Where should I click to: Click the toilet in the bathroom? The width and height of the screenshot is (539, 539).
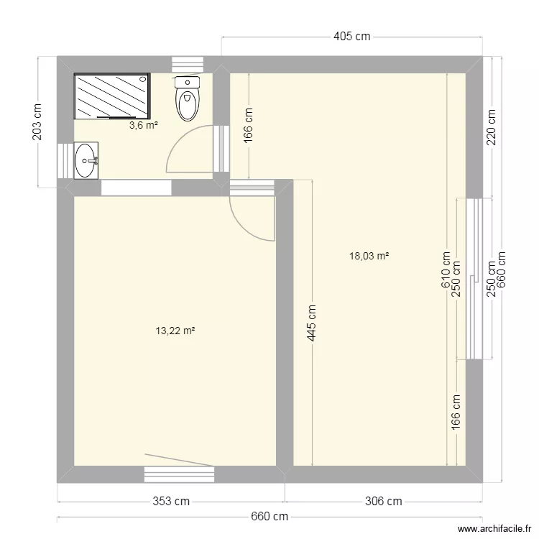tap(187, 98)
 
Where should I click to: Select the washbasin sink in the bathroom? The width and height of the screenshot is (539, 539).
tap(87, 160)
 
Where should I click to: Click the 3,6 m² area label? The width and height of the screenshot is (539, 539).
tap(143, 125)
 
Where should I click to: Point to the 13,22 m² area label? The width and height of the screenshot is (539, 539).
tap(175, 331)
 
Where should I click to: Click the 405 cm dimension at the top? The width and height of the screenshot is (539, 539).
tap(351, 37)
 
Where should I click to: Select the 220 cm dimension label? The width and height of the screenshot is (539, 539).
tap(492, 127)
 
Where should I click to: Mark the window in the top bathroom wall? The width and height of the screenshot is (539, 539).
tap(188, 64)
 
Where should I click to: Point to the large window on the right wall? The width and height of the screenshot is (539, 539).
tap(474, 278)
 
